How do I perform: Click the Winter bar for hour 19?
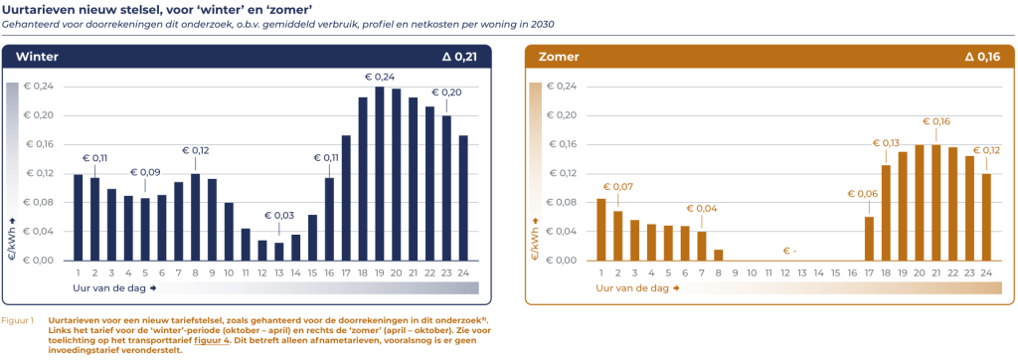click(379, 174)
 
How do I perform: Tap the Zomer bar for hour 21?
click(935, 203)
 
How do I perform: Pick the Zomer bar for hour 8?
click(719, 255)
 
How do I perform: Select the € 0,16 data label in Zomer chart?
click(935, 121)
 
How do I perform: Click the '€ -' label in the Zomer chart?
click(789, 250)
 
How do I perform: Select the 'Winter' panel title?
click(36, 57)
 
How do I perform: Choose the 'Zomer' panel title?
click(558, 57)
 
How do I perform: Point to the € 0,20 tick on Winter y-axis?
click(40, 115)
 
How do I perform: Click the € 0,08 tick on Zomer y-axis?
click(562, 203)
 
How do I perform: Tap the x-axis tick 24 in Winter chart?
click(463, 271)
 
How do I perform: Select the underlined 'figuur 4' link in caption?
click(211, 340)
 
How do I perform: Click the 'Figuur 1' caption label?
click(19, 321)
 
